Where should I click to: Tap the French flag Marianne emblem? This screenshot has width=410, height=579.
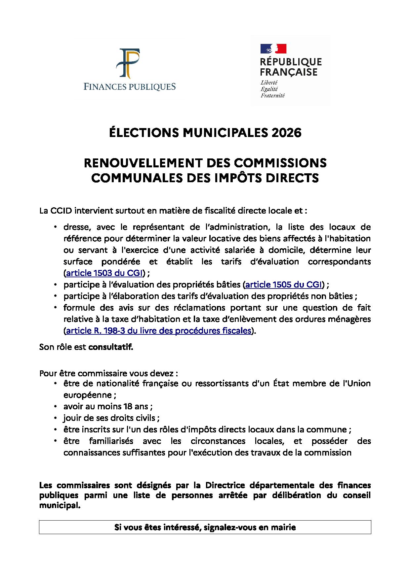pyautogui.click(x=273, y=49)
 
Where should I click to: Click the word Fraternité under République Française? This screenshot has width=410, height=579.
pyautogui.click(x=272, y=96)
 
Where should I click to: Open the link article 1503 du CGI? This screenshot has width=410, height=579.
pyautogui.click(x=104, y=273)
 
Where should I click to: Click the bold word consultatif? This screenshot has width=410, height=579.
pyautogui.click(x=110, y=347)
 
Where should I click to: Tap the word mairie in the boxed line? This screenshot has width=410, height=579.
pyautogui.click(x=284, y=528)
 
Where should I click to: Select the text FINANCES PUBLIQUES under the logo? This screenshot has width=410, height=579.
pyautogui.click(x=129, y=87)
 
